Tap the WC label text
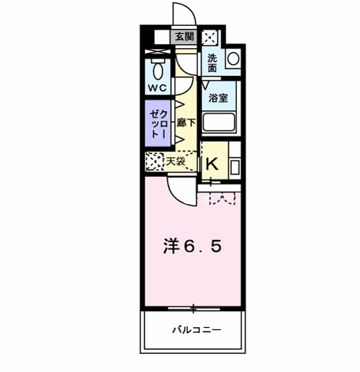click(x=157, y=88)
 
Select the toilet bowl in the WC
click(x=158, y=70)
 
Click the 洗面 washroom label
click(x=212, y=63)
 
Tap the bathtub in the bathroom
click(x=219, y=123)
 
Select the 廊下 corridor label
click(x=183, y=123)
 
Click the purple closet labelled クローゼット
click(x=158, y=125)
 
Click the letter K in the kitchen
click(x=212, y=164)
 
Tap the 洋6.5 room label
click(x=191, y=246)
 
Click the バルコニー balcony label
click(x=196, y=329)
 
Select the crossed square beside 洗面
click(x=210, y=38)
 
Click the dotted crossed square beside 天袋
click(x=154, y=161)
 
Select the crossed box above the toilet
click(x=157, y=53)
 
